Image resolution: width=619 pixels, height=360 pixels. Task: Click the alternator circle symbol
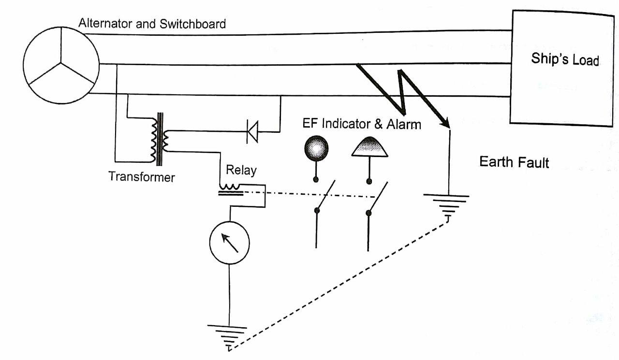60,65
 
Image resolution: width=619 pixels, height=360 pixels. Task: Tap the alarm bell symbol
369,147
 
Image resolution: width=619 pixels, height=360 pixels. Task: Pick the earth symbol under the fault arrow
446,205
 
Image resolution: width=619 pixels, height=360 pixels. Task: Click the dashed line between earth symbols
339,285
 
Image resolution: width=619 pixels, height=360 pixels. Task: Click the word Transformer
141,176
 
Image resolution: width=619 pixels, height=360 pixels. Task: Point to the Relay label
241,170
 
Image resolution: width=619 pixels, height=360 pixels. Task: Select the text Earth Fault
514,161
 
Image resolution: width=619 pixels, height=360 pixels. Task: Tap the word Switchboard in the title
196,24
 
